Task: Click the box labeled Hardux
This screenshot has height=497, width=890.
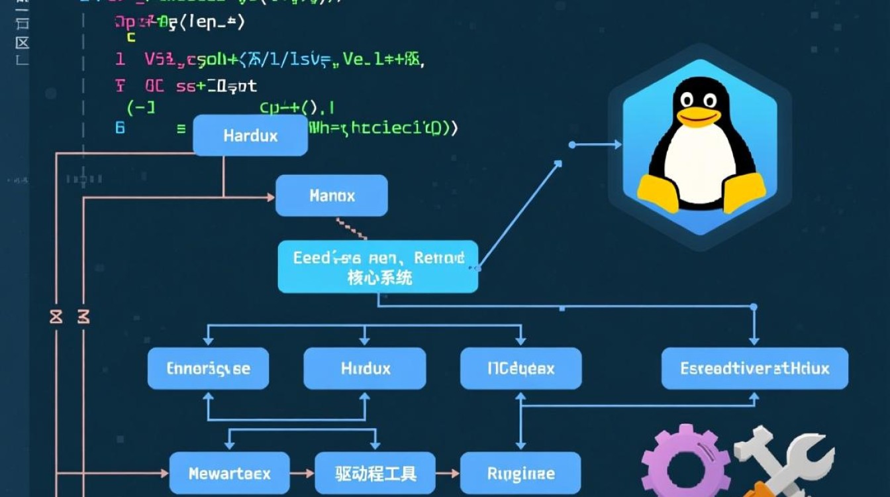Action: pos(250,136)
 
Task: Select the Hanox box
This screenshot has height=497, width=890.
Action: pos(331,195)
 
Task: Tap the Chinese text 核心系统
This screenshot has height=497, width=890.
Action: pos(379,278)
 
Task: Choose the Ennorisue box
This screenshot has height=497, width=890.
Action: pos(208,368)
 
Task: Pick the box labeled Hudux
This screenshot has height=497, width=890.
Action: pos(365,368)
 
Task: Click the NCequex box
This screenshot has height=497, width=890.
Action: pos(520,368)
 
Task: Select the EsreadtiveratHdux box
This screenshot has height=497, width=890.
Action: pos(754,368)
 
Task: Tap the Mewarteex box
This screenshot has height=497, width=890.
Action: pos(229,474)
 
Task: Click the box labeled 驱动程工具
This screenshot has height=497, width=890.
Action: pos(375,474)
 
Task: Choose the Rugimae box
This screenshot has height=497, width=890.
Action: pos(520,474)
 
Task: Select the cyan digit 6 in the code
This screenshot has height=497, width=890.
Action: pos(120,127)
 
